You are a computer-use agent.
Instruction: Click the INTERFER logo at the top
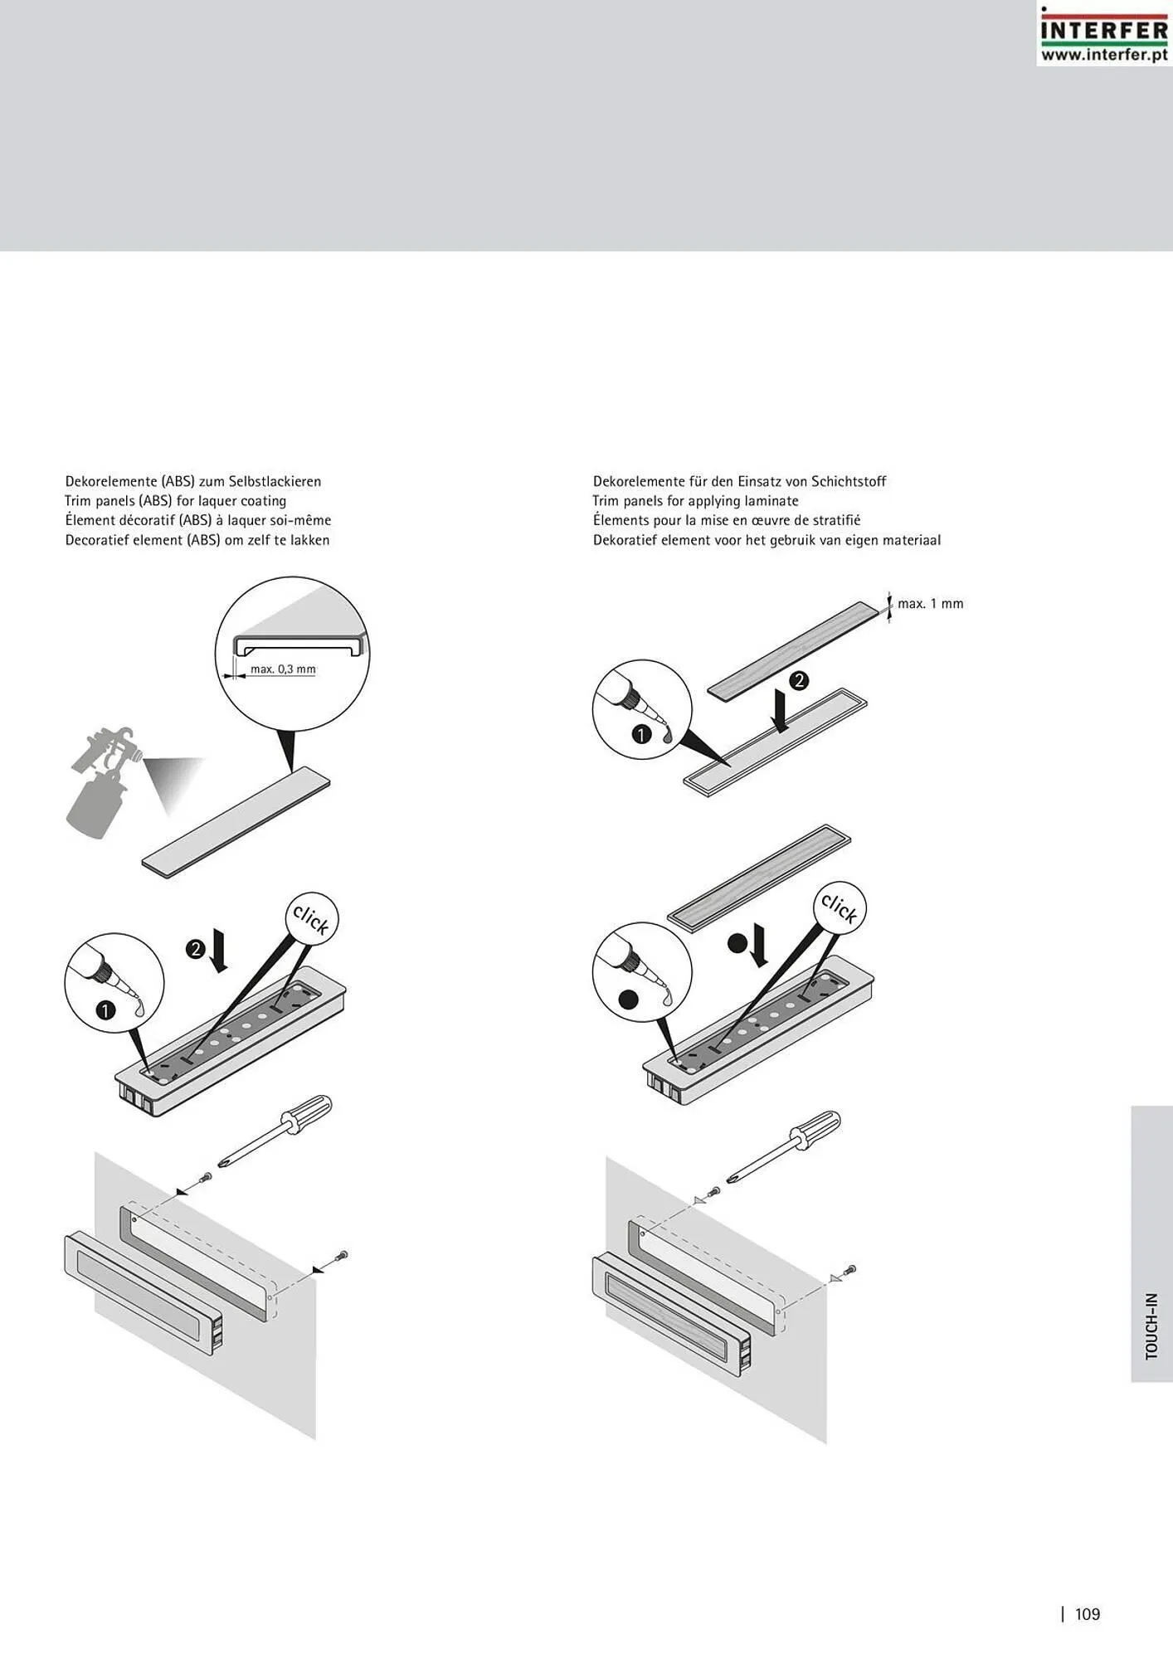(x=1103, y=29)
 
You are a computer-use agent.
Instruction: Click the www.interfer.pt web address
(x=1103, y=55)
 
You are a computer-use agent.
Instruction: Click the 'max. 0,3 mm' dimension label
(x=283, y=669)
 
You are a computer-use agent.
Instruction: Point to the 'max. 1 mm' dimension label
(x=930, y=604)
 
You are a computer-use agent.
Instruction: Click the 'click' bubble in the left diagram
(x=311, y=918)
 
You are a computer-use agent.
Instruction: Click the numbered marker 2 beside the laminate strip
(x=798, y=681)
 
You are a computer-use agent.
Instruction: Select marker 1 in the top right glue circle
(x=641, y=734)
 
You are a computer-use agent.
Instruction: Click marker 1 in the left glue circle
(x=106, y=1010)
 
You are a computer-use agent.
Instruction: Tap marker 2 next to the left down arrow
(x=196, y=949)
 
